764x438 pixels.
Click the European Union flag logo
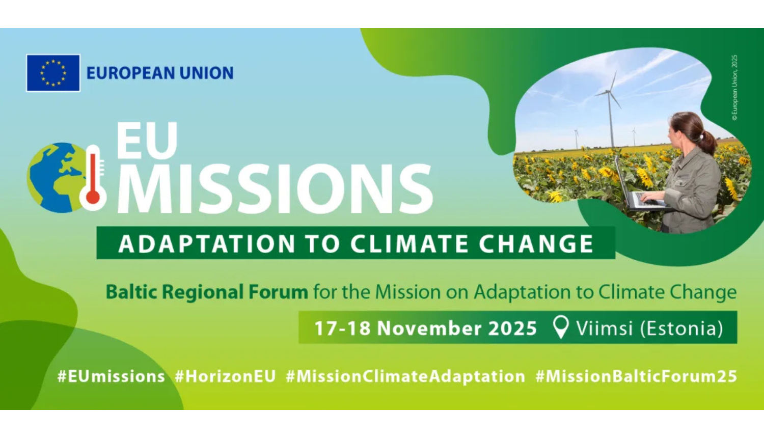(53, 73)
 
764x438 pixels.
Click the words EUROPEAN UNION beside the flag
(160, 73)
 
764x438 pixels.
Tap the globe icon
(56, 178)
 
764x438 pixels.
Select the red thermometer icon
(93, 178)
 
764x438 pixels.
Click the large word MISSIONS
(275, 188)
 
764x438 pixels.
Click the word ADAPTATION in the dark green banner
(207, 243)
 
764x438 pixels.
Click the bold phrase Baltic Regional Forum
(207, 292)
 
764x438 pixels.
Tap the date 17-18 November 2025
(426, 328)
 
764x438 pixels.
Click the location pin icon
(560, 327)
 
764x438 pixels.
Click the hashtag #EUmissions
(111, 376)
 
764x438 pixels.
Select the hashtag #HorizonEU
(225, 376)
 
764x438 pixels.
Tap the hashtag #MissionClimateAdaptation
(405, 376)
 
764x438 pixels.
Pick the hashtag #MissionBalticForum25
(637, 376)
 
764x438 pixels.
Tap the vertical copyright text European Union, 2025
(734, 88)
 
